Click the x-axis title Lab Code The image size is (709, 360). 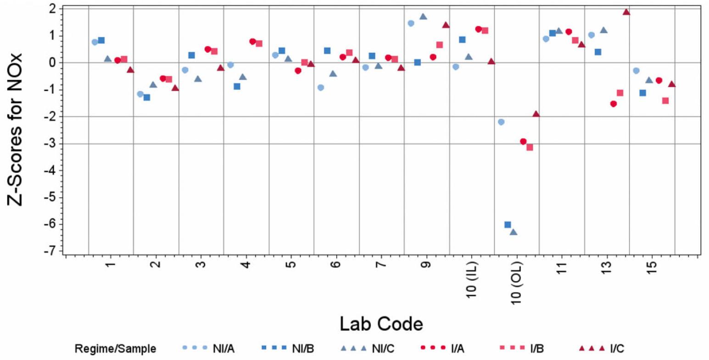tap(381, 324)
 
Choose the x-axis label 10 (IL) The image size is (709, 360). tap(471, 280)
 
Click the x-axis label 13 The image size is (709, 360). tap(607, 266)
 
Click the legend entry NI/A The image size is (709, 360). tap(223, 349)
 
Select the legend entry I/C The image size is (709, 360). tap(617, 349)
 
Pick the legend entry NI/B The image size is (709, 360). tap(303, 349)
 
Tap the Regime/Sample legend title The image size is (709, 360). tap(115, 349)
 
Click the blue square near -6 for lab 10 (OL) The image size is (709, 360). tap(508, 225)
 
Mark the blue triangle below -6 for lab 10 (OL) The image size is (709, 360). tap(514, 232)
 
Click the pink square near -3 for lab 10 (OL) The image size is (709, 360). tap(530, 147)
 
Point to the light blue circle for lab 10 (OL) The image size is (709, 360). tap(501, 122)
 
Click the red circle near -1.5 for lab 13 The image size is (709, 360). tap(614, 104)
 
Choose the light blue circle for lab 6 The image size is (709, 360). tap(321, 88)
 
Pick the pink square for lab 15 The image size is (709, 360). tap(665, 101)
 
